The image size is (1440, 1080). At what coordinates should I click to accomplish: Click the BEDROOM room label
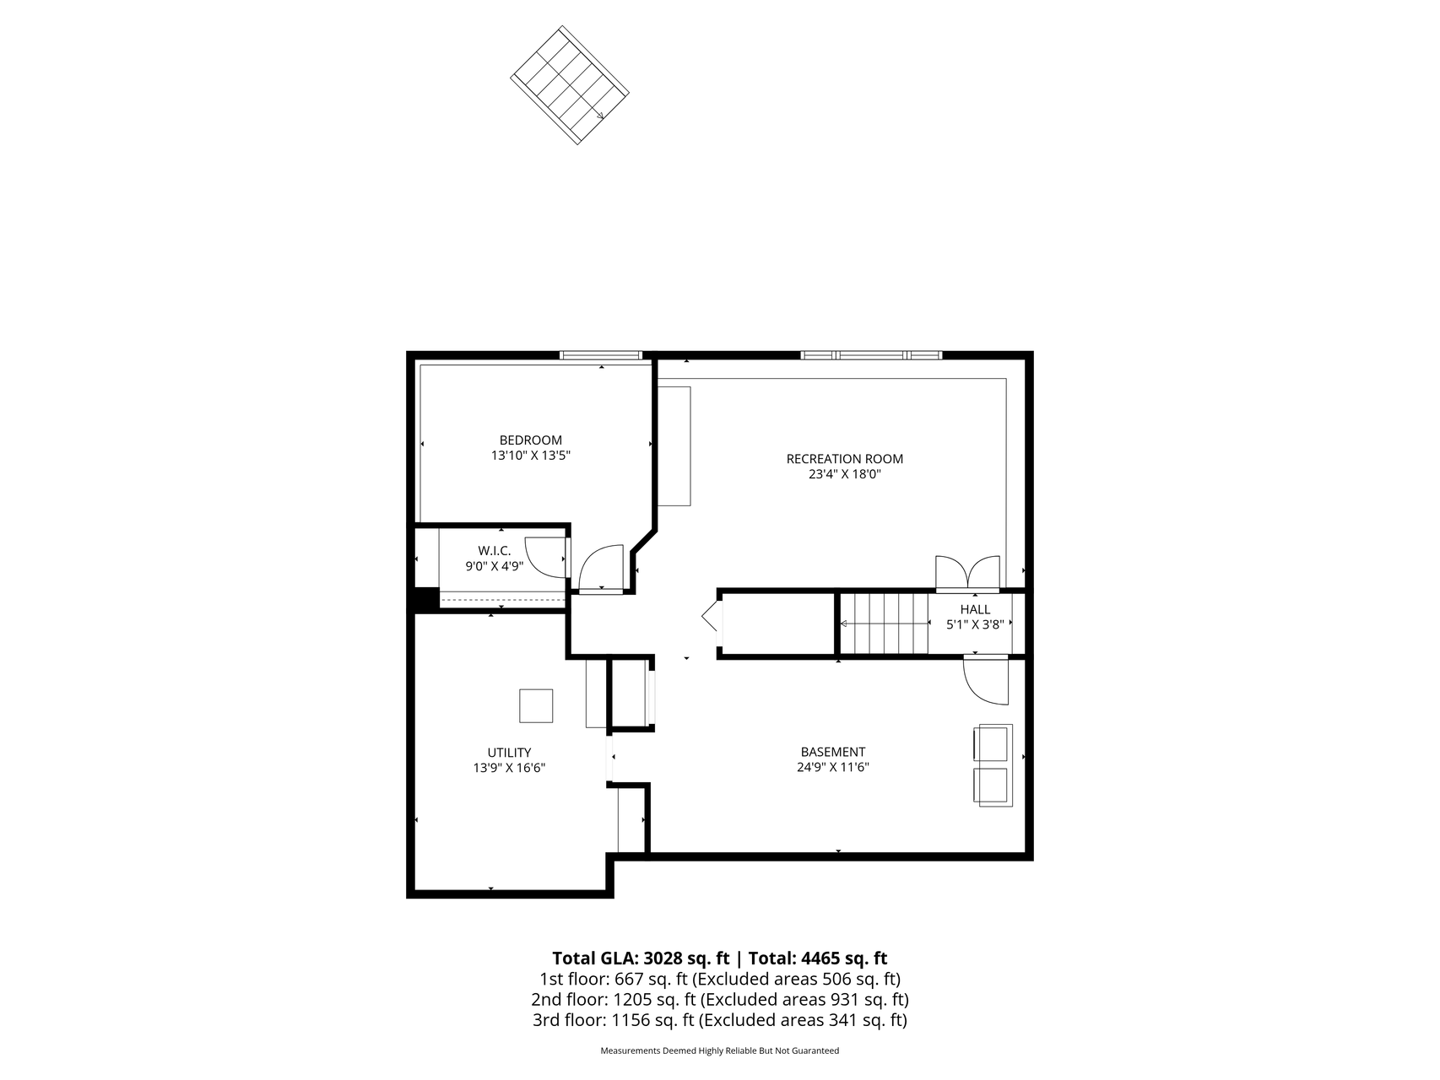[530, 440]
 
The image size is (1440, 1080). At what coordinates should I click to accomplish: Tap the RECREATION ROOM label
[844, 459]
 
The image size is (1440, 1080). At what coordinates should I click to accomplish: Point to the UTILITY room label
[509, 753]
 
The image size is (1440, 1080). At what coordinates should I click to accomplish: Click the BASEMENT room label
[832, 752]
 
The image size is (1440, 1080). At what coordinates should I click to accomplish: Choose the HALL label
[975, 609]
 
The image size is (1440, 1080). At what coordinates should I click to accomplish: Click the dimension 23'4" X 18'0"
[844, 474]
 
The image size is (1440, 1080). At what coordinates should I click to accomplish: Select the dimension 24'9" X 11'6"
[832, 768]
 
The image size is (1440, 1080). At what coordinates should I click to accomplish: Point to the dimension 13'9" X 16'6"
[509, 769]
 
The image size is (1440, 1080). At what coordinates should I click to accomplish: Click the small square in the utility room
[536, 705]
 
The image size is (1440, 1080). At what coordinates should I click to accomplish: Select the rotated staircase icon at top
[570, 84]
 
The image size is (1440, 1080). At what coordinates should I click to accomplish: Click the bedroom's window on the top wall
[601, 355]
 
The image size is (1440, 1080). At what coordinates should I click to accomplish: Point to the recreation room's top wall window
[871, 355]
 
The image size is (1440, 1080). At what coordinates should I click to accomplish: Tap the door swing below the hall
[986, 680]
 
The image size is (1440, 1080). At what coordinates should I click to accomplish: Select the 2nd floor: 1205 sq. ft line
[719, 1000]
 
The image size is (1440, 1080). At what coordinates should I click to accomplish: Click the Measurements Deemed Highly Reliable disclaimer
[719, 1051]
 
